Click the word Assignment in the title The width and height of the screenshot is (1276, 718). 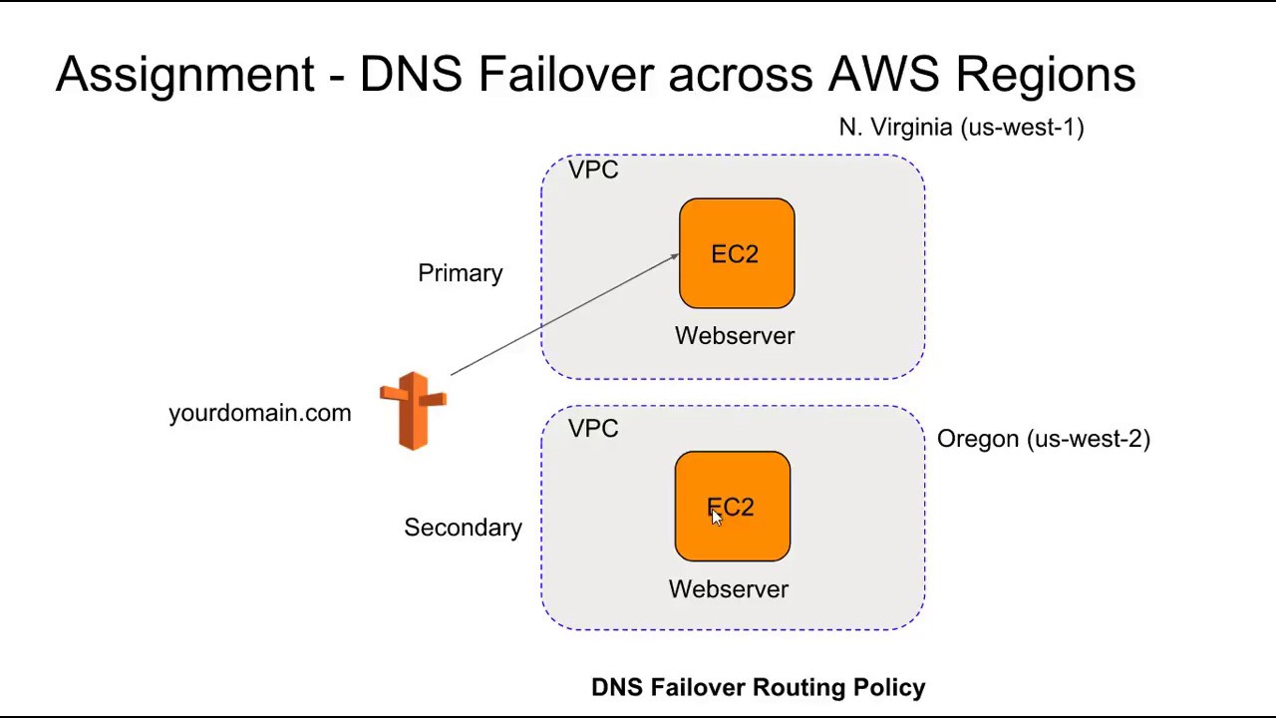(x=184, y=75)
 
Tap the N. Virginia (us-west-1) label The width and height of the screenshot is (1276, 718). (x=961, y=128)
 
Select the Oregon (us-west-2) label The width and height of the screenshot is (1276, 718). (x=1043, y=439)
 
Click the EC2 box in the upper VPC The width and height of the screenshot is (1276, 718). (x=737, y=253)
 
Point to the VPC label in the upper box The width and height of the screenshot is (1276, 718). (x=593, y=171)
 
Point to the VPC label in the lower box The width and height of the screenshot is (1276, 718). (x=593, y=429)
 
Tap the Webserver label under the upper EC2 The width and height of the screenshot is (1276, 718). (x=735, y=336)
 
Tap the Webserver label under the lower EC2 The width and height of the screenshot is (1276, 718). (x=729, y=589)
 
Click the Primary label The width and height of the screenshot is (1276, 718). (x=461, y=273)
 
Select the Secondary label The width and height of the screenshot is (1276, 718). (x=463, y=528)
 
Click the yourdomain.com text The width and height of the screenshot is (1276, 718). (x=259, y=413)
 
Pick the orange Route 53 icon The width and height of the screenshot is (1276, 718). (x=414, y=411)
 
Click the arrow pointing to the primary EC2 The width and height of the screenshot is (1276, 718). (x=564, y=315)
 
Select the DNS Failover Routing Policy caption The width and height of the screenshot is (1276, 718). (x=758, y=687)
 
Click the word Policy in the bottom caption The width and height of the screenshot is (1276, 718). (x=889, y=687)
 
